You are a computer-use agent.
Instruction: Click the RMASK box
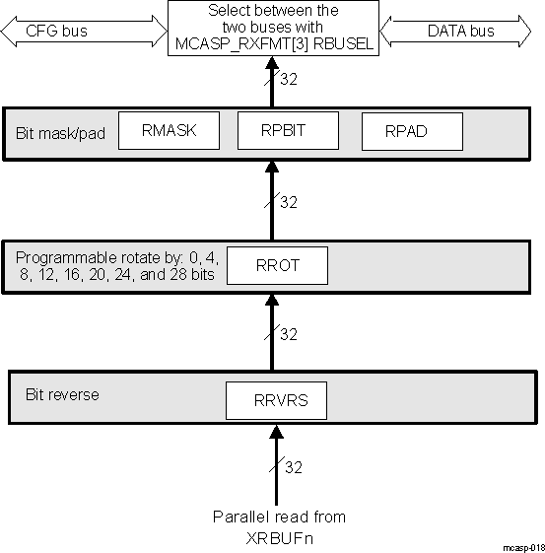pos(167,130)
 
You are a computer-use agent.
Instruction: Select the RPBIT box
pos(288,130)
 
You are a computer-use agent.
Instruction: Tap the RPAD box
pos(411,131)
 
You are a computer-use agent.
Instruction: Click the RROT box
pos(276,265)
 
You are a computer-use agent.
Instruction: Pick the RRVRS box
pos(276,400)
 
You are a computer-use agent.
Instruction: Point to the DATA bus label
pos(460,31)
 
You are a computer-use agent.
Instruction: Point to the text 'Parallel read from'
pos(279,517)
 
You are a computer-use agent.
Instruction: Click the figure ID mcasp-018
pos(521,545)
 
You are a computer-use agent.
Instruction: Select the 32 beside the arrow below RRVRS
pos(293,468)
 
